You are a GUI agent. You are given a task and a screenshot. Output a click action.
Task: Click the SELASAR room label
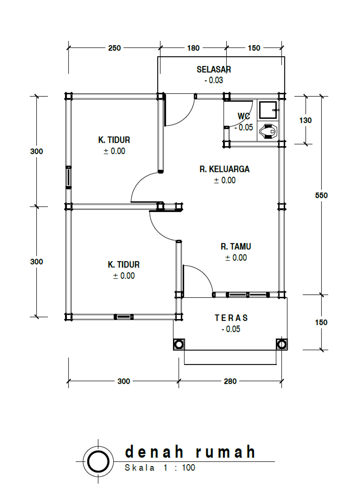[214, 70]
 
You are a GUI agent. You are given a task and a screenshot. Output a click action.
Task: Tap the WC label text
[244, 116]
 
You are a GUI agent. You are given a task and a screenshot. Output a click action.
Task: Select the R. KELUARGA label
[224, 169]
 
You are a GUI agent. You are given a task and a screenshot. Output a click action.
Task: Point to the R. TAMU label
[236, 247]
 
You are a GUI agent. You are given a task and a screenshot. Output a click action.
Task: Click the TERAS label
[231, 318]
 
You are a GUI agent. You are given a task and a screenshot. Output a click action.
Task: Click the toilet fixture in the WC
[268, 131]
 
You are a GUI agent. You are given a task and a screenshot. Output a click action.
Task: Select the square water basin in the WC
[268, 110]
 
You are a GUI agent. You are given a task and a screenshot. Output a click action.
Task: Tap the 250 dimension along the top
[114, 48]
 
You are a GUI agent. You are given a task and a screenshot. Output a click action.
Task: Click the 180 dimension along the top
[193, 48]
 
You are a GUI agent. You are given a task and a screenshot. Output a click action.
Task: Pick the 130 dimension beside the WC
[306, 120]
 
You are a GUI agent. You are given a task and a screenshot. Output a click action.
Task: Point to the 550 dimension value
[321, 195]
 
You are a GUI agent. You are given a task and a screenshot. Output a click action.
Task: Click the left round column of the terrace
[179, 344]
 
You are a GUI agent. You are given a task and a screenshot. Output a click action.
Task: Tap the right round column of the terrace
[282, 344]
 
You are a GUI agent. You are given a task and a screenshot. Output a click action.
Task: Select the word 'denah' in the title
[154, 452]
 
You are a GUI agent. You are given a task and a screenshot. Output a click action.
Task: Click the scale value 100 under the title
[188, 467]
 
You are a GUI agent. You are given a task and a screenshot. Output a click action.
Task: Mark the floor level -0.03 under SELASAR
[214, 80]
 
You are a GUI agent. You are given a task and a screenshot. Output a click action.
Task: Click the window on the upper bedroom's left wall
[69, 177]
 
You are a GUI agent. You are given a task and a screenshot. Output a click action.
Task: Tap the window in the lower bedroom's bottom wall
[124, 317]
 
